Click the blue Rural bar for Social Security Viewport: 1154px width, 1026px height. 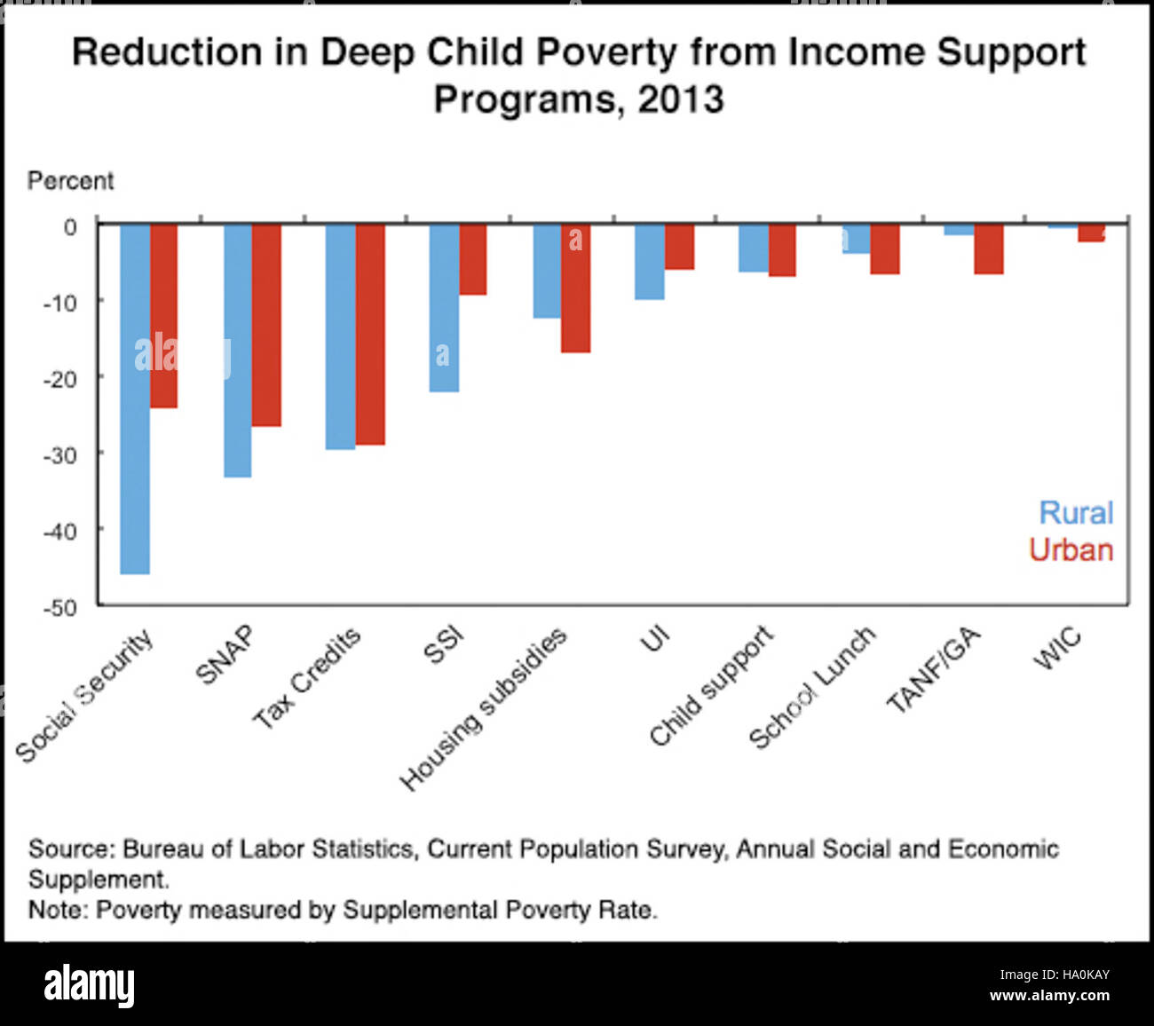click(x=135, y=399)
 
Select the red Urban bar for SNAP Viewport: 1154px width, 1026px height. click(x=266, y=325)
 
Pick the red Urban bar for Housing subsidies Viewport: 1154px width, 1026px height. click(x=575, y=288)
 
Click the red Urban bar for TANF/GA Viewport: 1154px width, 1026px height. click(x=988, y=249)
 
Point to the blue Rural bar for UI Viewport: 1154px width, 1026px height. click(x=650, y=262)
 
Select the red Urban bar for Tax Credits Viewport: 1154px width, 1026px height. click(x=370, y=334)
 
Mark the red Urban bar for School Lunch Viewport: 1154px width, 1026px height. click(x=885, y=249)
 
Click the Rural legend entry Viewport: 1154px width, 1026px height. click(x=1076, y=513)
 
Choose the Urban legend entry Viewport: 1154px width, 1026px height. click(x=1071, y=550)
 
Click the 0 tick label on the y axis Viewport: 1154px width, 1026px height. click(x=69, y=227)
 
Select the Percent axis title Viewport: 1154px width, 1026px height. click(x=70, y=181)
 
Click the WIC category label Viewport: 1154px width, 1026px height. click(x=1057, y=648)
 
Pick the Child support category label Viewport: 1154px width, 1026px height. click(x=711, y=685)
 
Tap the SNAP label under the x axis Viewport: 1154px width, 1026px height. click(x=225, y=655)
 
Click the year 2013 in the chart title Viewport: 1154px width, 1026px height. click(x=680, y=99)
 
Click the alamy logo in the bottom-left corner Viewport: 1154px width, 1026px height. click(x=89, y=985)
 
